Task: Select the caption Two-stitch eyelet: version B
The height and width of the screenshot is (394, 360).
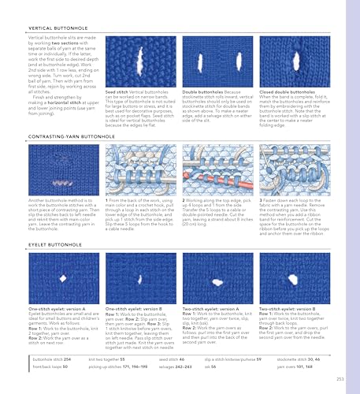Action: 287,332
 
